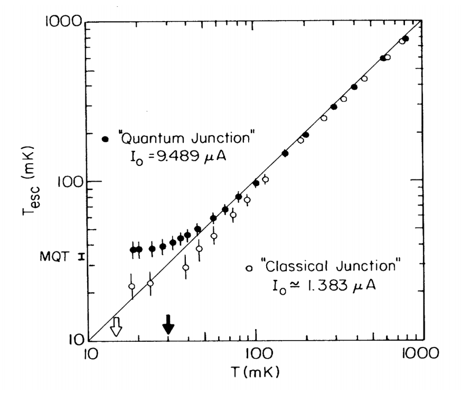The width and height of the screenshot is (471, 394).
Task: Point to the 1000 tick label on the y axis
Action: pos(64,23)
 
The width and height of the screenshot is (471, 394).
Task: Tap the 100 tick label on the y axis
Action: pos(68,181)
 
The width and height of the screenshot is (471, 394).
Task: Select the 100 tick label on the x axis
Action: pos(256,354)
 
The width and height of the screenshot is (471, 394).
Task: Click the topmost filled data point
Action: pos(406,39)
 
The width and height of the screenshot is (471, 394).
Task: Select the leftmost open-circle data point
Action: pos(131,287)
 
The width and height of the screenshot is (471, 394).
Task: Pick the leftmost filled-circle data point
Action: pos(133,250)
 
